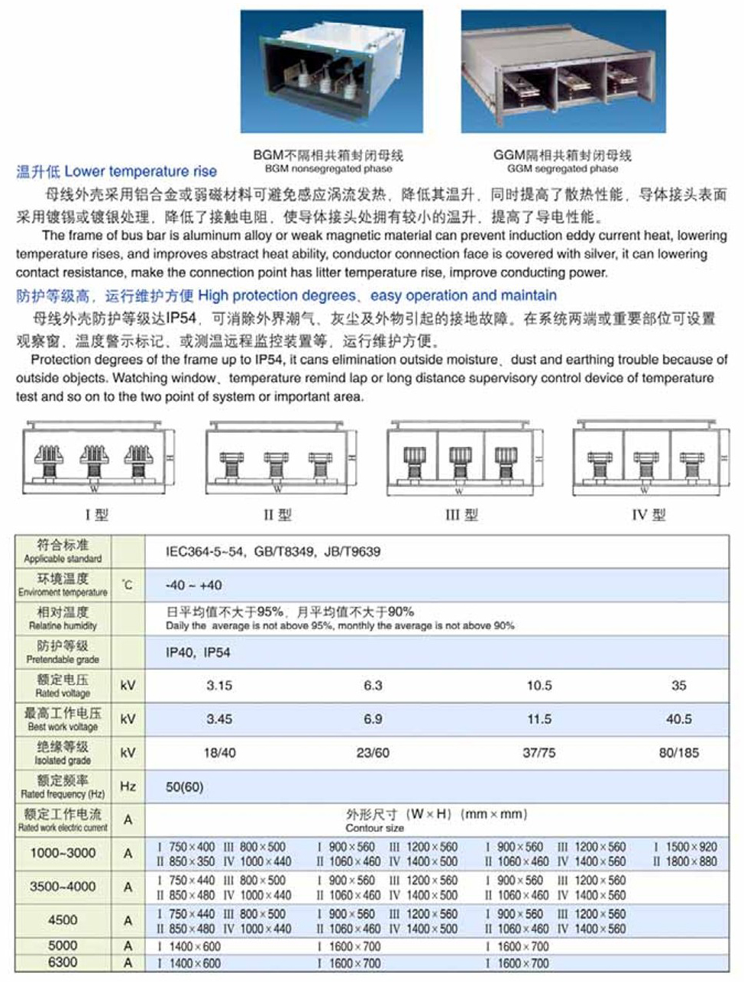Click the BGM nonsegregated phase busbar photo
pyautogui.click(x=332, y=72)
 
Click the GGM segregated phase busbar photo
pyautogui.click(x=563, y=72)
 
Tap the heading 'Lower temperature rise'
pyautogui.click(x=140, y=172)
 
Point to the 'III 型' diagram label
pyautogui.click(x=461, y=515)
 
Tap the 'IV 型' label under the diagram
pyautogui.click(x=648, y=515)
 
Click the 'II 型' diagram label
pyautogui.click(x=277, y=515)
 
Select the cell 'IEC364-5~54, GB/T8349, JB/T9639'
pyautogui.click(x=273, y=551)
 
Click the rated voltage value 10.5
pyautogui.click(x=539, y=686)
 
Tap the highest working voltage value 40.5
pyautogui.click(x=678, y=719)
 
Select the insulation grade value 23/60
pyautogui.click(x=373, y=753)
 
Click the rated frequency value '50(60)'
pyautogui.click(x=185, y=787)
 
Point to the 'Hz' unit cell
pyautogui.click(x=128, y=787)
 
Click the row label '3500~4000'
pyautogui.click(x=63, y=887)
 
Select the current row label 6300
pyautogui.click(x=63, y=962)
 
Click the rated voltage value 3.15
pyautogui.click(x=219, y=686)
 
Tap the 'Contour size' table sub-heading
pyautogui.click(x=374, y=828)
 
